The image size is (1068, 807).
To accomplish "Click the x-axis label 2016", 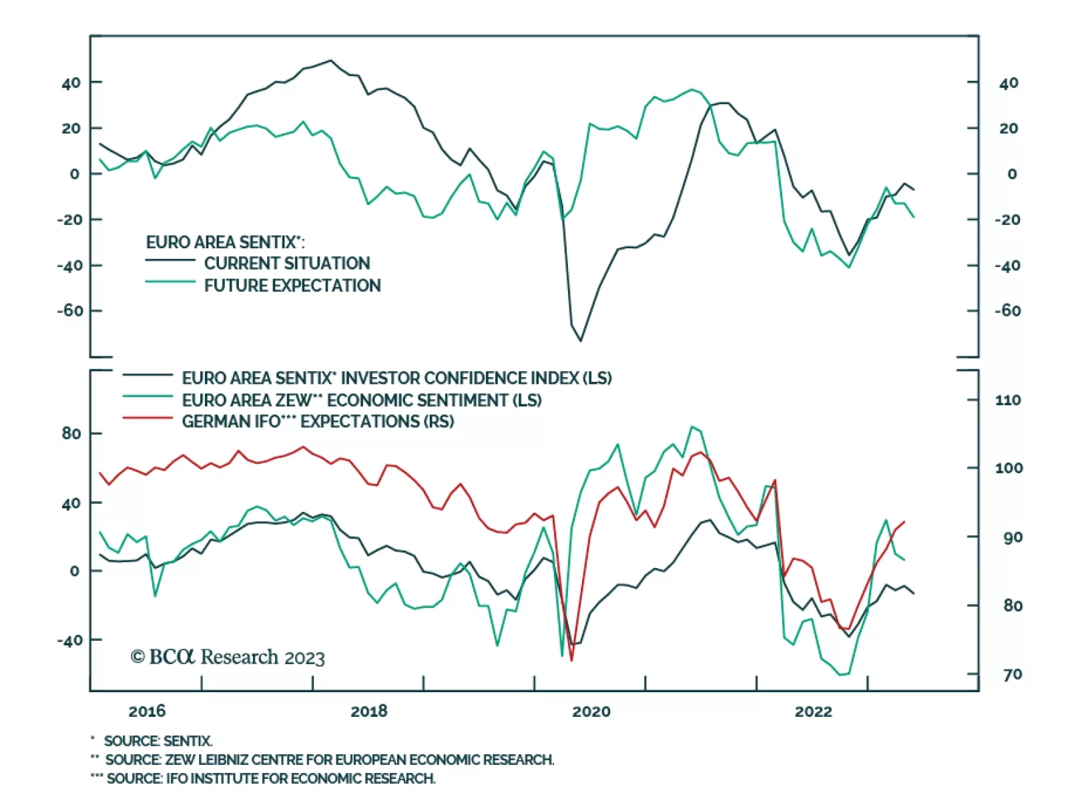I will [147, 712].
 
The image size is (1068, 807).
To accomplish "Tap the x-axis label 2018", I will [368, 712].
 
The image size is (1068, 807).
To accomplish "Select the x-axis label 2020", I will [591, 712].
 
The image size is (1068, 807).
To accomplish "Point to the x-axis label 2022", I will [813, 712].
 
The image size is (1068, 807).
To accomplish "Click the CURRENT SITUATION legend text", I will [287, 263].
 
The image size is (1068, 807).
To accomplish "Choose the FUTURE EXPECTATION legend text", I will [292, 286].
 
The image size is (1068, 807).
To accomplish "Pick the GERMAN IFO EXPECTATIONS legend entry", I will [318, 422].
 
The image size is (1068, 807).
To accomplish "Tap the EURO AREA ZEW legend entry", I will [361, 400].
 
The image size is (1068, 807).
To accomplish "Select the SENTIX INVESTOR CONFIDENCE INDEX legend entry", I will [396, 378].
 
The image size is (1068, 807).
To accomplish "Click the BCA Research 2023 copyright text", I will [228, 657].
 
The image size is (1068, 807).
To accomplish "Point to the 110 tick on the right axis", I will [1008, 400].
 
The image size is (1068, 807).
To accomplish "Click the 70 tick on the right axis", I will [1012, 675].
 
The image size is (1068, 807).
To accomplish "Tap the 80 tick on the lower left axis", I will [71, 434].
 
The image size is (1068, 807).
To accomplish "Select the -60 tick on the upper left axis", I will [70, 311].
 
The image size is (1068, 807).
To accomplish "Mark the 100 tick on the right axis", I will [1009, 469].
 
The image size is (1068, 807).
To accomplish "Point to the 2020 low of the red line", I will [571, 660].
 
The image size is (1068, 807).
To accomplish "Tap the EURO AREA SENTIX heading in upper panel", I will [225, 242].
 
